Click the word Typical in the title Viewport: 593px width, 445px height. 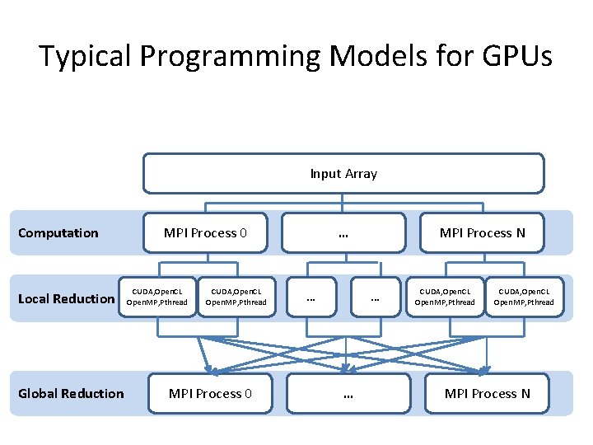click(x=86, y=56)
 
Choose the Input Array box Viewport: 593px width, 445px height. click(x=343, y=173)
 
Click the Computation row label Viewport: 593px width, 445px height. click(x=58, y=232)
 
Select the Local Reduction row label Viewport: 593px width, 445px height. click(x=66, y=298)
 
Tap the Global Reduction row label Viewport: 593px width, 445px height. click(x=71, y=393)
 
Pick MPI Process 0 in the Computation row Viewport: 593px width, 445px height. click(x=205, y=232)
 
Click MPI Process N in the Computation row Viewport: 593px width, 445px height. click(x=482, y=232)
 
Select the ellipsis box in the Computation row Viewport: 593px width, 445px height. click(x=343, y=232)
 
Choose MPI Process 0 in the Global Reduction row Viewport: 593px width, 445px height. click(x=210, y=393)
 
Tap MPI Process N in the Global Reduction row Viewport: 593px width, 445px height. click(x=487, y=393)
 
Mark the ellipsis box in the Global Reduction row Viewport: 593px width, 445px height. click(x=348, y=393)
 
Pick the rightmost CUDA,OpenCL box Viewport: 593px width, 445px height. click(x=523, y=297)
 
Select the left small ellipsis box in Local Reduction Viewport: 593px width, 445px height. click(x=311, y=297)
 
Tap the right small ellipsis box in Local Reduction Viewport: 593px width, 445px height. click(x=374, y=297)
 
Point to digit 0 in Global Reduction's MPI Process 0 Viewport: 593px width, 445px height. click(x=247, y=393)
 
